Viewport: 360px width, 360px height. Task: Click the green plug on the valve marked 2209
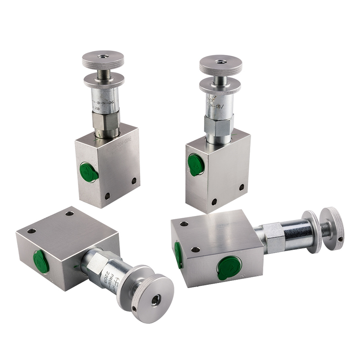(41, 261)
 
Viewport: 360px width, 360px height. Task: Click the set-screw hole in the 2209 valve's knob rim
(135, 308)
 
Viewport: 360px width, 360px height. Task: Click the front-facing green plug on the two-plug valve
(229, 267)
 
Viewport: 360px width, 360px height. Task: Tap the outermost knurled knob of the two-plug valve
(333, 228)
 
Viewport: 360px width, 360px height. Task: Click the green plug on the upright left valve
(89, 172)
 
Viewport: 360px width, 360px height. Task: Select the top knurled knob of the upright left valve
(103, 60)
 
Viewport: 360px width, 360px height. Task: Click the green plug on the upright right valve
(196, 165)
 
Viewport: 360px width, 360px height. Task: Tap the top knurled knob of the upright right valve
(220, 64)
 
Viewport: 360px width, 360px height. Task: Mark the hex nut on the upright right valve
(218, 124)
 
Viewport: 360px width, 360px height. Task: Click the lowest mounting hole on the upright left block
(107, 196)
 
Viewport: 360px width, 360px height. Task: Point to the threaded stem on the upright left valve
(103, 72)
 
